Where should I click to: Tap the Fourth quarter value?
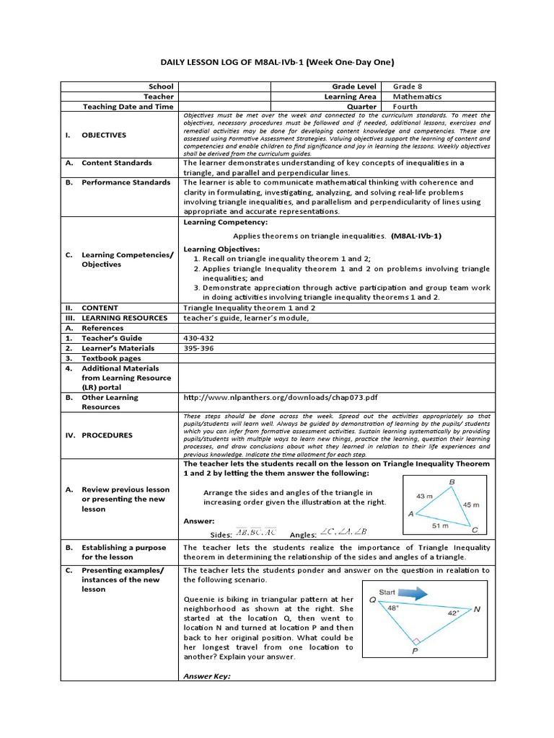point(405,107)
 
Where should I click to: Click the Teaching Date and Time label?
point(128,107)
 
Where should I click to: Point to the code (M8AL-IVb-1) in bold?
point(416,236)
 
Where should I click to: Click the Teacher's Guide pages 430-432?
point(199,338)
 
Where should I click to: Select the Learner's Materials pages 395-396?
point(199,348)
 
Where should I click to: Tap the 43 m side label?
point(424,496)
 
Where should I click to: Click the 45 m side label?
point(470,504)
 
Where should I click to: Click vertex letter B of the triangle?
point(452,481)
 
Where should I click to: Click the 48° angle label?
point(392,608)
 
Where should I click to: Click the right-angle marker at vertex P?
point(415,640)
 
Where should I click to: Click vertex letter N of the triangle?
point(477,609)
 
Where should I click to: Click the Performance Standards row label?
point(126,183)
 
